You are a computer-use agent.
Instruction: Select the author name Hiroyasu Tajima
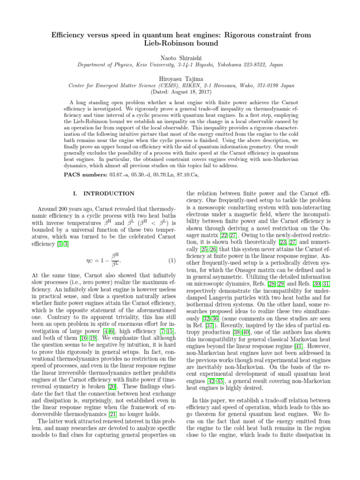click(180, 79)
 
